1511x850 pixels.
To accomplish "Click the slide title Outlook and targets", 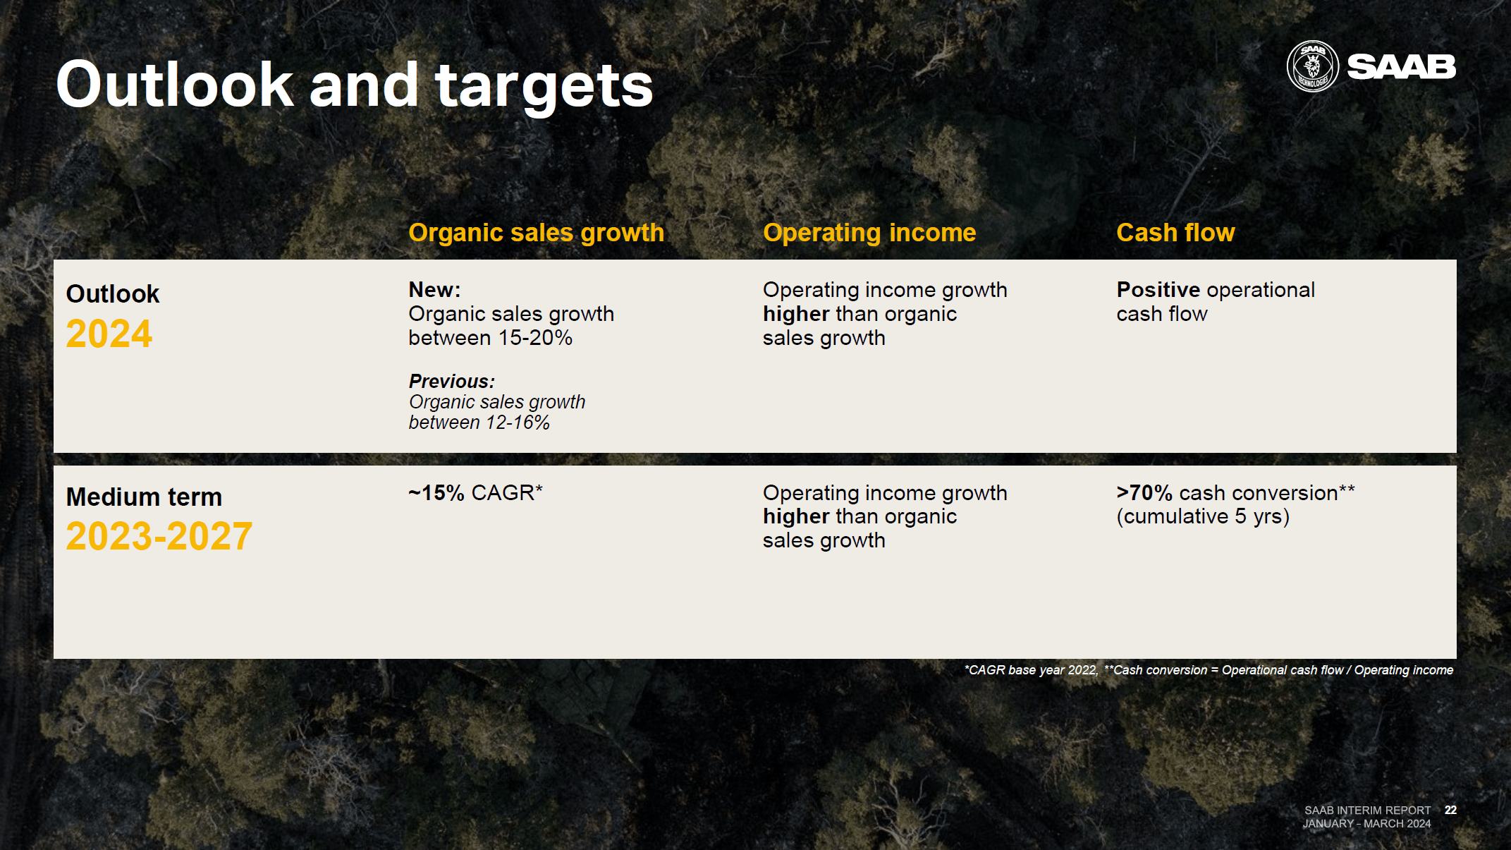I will pos(354,85).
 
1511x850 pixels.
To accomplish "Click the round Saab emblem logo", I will pos(1312,67).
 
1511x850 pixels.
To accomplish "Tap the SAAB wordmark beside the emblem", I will pos(1401,67).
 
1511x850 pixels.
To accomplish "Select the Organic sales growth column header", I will pos(536,233).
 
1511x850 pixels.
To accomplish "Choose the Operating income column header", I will pos(869,233).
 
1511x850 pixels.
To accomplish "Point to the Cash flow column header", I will pos(1175,233).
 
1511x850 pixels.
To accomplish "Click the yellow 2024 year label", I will pos(109,334).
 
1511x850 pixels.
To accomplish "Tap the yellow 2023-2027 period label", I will pos(159,536).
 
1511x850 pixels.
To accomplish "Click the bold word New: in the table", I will pos(434,290).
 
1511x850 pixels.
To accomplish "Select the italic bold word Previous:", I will pos(452,382).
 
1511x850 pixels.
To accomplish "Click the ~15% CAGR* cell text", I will pos(475,492).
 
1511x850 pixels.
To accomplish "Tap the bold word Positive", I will pos(1158,290).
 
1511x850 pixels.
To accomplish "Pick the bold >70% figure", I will pos(1144,492).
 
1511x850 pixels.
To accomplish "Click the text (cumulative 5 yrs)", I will pos(1203,516).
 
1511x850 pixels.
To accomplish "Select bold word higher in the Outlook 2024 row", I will pos(796,314).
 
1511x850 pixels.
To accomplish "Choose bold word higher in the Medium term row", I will pos(796,516).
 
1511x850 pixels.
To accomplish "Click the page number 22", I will pos(1450,810).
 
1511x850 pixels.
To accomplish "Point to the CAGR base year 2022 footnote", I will pos(1030,670).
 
